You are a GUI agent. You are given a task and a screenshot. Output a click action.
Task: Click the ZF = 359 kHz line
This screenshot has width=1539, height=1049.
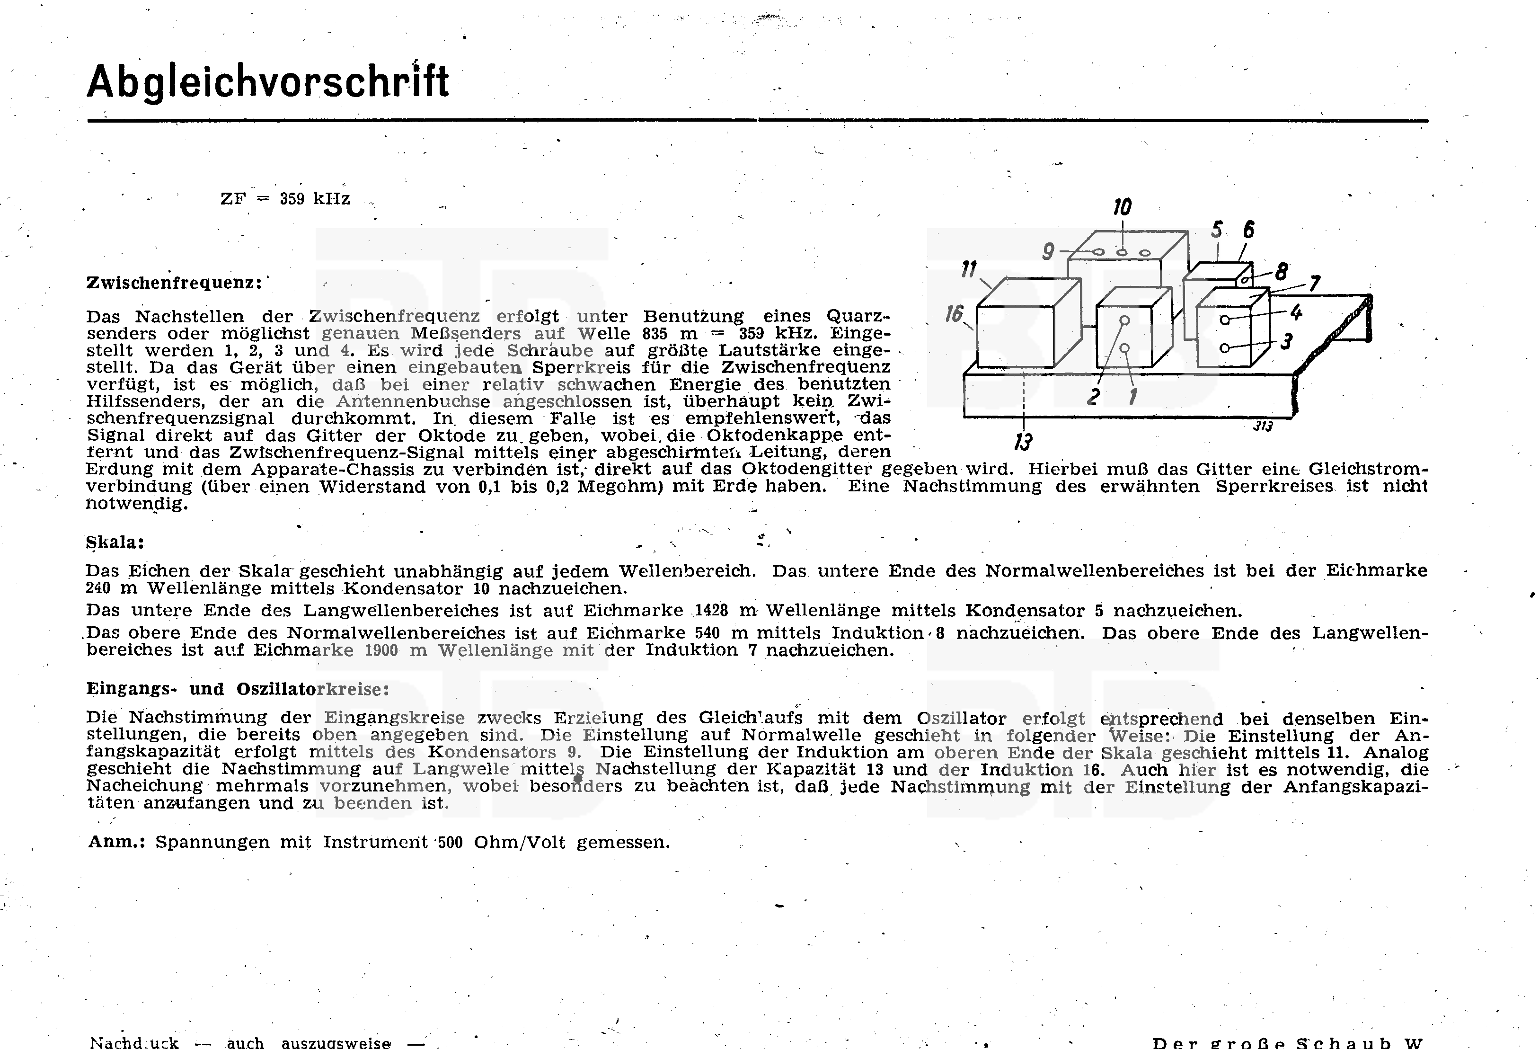285,199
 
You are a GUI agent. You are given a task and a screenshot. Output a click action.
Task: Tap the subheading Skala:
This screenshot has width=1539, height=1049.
115,542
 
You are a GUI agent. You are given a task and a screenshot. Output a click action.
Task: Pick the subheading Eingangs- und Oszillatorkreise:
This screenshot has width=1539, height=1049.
237,689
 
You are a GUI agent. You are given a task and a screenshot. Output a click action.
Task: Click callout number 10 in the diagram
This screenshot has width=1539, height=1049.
1122,208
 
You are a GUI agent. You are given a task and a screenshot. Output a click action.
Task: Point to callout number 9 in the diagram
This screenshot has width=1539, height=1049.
1048,252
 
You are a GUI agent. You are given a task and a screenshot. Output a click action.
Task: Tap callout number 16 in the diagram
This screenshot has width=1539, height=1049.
954,313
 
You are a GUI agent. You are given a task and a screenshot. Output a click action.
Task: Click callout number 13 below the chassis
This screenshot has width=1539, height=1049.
1023,442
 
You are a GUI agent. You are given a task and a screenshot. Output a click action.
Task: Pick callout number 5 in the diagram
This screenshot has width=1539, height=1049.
1217,231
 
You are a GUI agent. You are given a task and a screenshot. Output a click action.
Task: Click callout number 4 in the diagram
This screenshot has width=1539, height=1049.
1296,312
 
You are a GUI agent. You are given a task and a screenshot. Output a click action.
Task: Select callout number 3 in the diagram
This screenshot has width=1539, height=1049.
1286,342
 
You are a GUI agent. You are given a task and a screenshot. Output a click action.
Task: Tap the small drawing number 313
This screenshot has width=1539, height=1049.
1263,427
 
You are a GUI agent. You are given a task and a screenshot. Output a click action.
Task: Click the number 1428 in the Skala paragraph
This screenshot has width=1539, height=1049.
711,611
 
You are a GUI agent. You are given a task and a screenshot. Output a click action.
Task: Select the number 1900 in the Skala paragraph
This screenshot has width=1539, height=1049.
381,650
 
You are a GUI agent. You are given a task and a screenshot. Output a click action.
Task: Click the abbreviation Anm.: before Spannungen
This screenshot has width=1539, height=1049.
116,843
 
